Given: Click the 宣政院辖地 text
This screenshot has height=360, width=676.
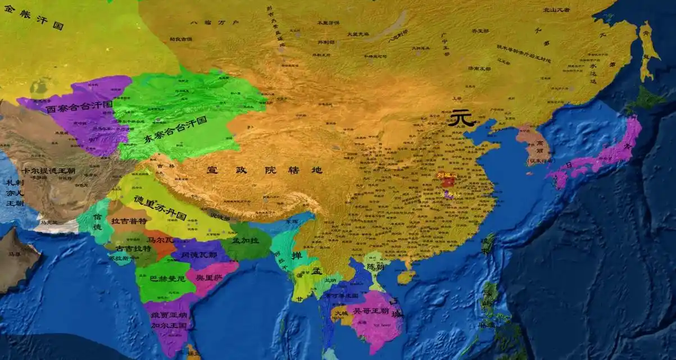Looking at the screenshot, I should [264, 170].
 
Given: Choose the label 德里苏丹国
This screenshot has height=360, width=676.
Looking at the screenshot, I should [160, 208].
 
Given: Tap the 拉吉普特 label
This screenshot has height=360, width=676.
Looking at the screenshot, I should [129, 221].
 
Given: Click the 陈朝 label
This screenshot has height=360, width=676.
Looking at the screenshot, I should [375, 266].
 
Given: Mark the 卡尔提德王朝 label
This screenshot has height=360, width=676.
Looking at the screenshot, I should [48, 170].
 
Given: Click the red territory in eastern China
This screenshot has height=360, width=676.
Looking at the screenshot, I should [448, 180].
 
